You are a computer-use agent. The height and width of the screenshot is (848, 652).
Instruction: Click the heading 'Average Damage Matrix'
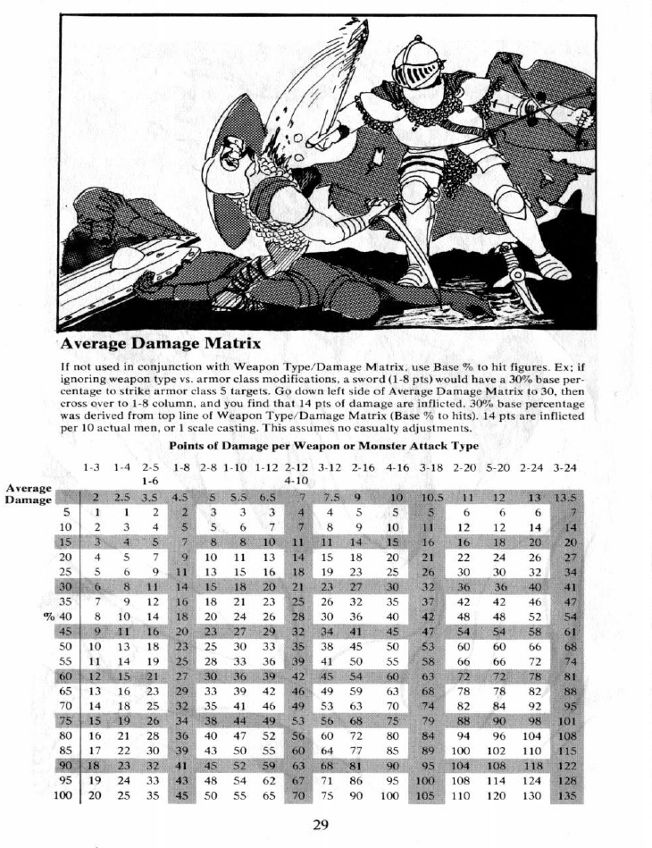point(160,343)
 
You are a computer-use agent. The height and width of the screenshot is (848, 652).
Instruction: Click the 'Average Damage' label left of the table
point(28,494)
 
